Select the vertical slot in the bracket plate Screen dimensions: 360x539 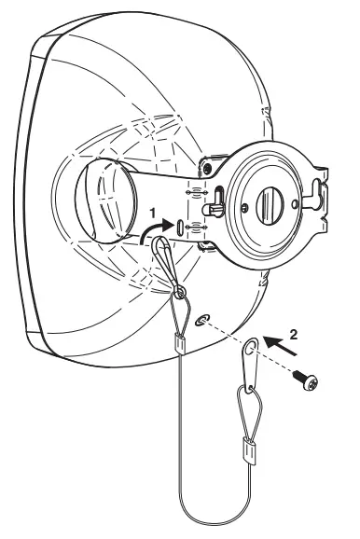coord(180,226)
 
